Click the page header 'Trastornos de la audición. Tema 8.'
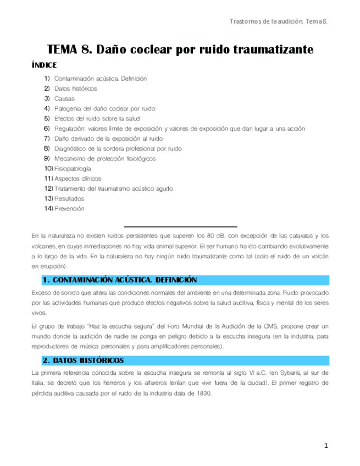pyautogui.click(x=278, y=21)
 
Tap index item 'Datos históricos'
pyautogui.click(x=76, y=88)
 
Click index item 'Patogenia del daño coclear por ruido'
pyautogui.click(x=105, y=108)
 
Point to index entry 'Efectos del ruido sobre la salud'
pyautogui.click(x=98, y=118)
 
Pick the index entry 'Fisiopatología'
pyautogui.click(x=73, y=168)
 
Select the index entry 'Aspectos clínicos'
pyautogui.click(x=75, y=179)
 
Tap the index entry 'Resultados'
pyautogui.click(x=69, y=198)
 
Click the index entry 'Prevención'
pyautogui.click(x=69, y=208)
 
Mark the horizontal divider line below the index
pyautogui.click(x=180, y=226)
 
